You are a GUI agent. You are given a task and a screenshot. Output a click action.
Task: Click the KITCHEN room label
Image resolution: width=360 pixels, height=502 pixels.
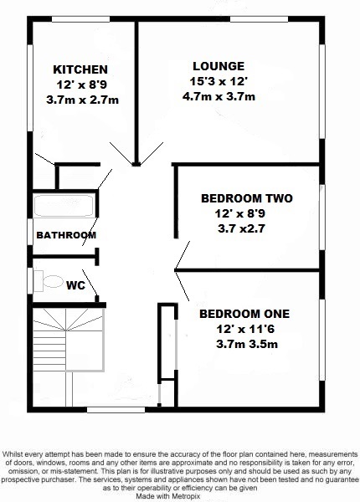[80, 69]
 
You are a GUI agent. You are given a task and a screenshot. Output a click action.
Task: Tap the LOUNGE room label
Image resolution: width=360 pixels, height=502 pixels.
[218, 66]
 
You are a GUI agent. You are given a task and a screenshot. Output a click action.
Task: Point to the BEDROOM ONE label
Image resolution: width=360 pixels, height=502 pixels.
[244, 314]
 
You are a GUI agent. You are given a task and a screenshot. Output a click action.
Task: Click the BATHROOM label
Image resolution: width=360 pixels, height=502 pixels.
[65, 236]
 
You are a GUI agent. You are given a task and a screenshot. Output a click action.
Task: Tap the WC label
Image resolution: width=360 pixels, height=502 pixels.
[76, 284]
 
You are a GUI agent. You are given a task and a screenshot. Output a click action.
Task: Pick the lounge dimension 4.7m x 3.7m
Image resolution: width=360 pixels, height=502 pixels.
[218, 97]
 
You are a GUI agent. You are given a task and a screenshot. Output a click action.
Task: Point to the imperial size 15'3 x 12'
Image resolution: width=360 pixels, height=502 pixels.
[218, 82]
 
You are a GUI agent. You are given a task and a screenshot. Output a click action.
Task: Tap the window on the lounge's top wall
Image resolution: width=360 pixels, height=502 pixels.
[255, 18]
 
